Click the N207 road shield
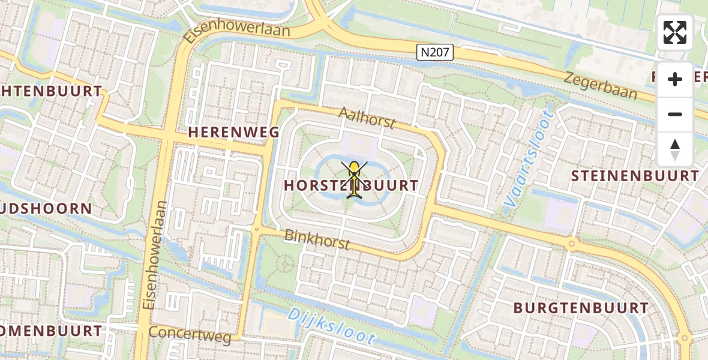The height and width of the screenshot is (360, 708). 435,53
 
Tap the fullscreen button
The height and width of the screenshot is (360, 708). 675,32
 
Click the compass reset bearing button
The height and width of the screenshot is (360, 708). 675,149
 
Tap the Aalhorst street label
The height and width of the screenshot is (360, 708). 367,118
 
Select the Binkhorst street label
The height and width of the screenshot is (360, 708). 317,239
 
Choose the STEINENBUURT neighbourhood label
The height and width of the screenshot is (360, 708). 635,176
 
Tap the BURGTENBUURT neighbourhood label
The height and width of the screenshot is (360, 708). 581,308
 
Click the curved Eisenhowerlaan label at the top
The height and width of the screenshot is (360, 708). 236,31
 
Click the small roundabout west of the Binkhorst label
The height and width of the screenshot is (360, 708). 257,229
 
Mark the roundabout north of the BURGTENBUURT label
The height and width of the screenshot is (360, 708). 572,244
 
